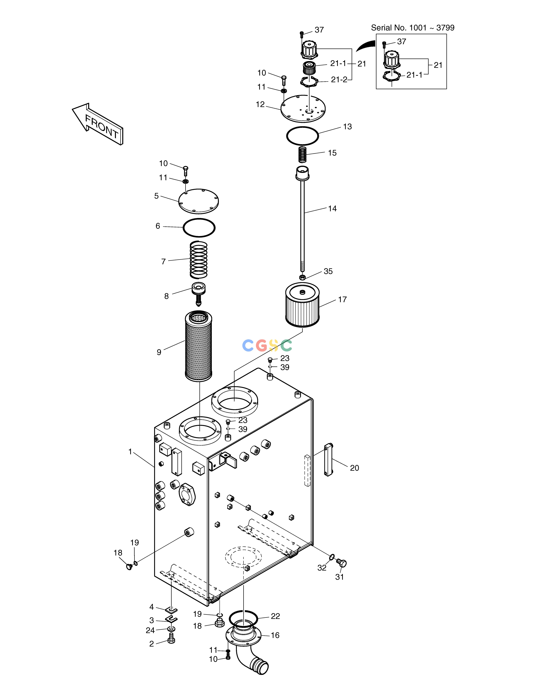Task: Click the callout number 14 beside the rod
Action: click(332, 208)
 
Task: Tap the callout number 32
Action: click(322, 568)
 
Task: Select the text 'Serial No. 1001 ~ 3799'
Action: click(412, 28)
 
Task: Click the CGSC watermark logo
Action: click(267, 346)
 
